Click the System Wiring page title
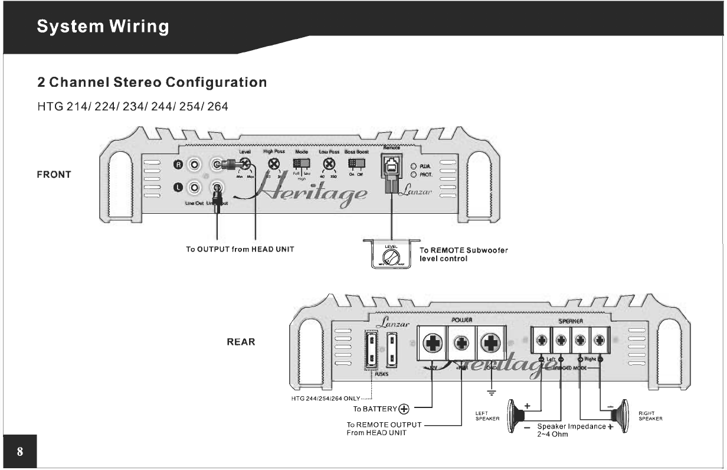coord(103,27)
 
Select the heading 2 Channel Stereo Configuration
coord(152,82)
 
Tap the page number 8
coord(20,452)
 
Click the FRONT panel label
coord(54,175)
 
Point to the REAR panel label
coord(241,342)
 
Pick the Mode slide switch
coord(302,164)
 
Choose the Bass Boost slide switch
coord(356,164)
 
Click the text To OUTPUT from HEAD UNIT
coord(240,250)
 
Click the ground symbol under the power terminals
coord(491,393)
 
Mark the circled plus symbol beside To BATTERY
coord(404,409)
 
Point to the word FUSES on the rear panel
coord(381,374)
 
